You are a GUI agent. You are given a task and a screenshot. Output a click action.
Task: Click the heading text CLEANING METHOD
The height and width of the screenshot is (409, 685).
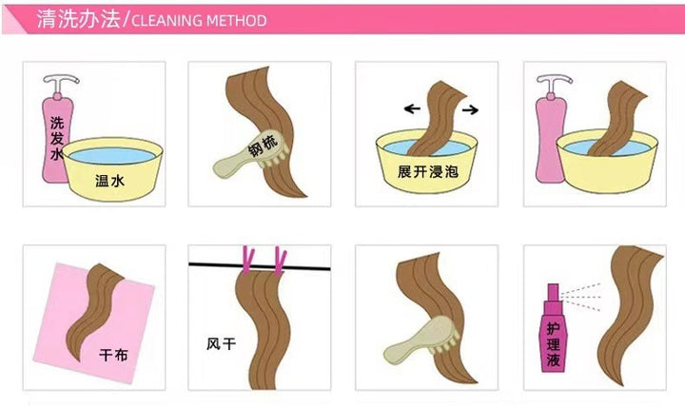[199, 21]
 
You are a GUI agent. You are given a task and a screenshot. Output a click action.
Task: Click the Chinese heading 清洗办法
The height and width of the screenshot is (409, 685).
[78, 19]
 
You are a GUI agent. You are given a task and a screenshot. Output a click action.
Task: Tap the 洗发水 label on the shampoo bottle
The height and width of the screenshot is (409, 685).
[57, 138]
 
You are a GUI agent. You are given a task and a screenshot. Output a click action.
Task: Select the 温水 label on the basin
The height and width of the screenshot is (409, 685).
[109, 180]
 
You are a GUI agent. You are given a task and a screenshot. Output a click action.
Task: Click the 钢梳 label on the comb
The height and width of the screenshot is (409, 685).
[263, 146]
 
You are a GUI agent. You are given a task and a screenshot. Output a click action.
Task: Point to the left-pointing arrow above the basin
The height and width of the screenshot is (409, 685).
[412, 108]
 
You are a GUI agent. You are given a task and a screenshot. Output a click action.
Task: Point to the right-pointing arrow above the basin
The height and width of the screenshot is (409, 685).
[470, 109]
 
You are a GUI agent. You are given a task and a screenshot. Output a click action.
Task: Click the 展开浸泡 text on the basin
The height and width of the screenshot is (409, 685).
[428, 171]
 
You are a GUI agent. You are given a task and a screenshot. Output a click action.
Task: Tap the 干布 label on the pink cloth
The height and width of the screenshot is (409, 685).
[113, 354]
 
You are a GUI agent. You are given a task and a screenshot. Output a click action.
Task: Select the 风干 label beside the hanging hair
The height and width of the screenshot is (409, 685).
[221, 344]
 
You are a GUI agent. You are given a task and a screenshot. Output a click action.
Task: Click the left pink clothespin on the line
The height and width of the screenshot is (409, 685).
[247, 260]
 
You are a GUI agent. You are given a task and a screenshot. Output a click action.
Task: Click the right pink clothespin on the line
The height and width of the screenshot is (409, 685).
[280, 262]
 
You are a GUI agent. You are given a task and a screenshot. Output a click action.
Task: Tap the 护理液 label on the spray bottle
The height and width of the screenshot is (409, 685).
[553, 344]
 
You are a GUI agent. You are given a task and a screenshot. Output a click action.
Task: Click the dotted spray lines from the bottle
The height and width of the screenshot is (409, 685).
[581, 297]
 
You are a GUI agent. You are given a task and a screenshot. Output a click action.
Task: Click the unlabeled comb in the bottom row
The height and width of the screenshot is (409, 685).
[421, 340]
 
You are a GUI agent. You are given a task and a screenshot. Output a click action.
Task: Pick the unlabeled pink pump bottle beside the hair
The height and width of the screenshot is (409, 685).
[551, 131]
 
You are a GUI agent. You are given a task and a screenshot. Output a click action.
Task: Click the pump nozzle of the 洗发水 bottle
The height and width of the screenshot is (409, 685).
[61, 82]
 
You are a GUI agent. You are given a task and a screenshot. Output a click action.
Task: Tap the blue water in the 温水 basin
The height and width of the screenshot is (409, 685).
[112, 156]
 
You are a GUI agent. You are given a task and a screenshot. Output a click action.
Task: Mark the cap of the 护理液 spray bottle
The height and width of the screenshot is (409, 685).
[553, 292]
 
